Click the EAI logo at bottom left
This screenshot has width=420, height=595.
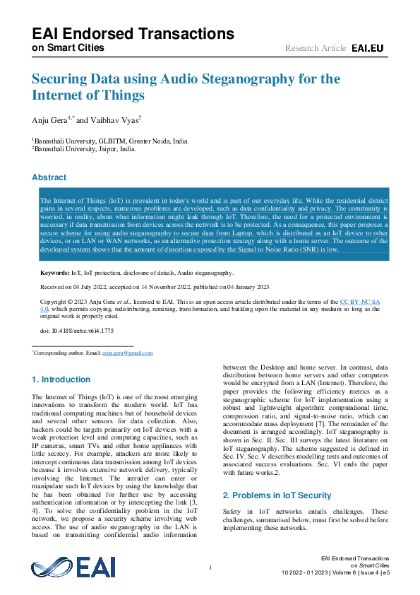[x=73, y=567]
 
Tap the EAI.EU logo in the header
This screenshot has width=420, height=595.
[x=367, y=48]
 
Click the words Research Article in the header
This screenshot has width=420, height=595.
[x=316, y=48]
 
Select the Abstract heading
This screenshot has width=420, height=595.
[x=49, y=177]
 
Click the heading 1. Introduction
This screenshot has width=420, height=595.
[x=61, y=379]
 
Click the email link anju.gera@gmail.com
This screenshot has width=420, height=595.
[x=128, y=353]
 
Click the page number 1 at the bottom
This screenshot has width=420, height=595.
[x=210, y=568]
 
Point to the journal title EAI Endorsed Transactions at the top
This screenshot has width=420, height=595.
[x=133, y=33]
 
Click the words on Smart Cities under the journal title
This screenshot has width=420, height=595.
[x=68, y=48]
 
